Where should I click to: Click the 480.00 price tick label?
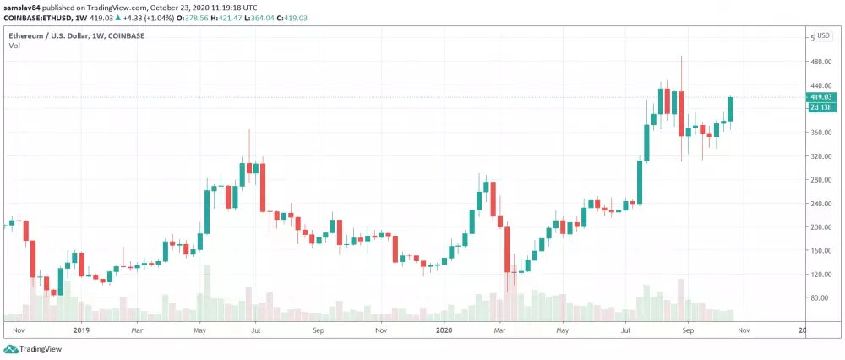click(x=821, y=62)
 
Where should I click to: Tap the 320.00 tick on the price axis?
click(x=821, y=156)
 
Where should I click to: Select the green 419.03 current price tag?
click(x=821, y=97)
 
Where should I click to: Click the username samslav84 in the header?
click(x=22, y=7)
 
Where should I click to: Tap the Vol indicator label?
click(x=14, y=46)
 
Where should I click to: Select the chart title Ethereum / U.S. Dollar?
click(x=51, y=35)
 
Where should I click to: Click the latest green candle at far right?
click(x=730, y=109)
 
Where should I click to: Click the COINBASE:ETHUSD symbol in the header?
click(x=34, y=17)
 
